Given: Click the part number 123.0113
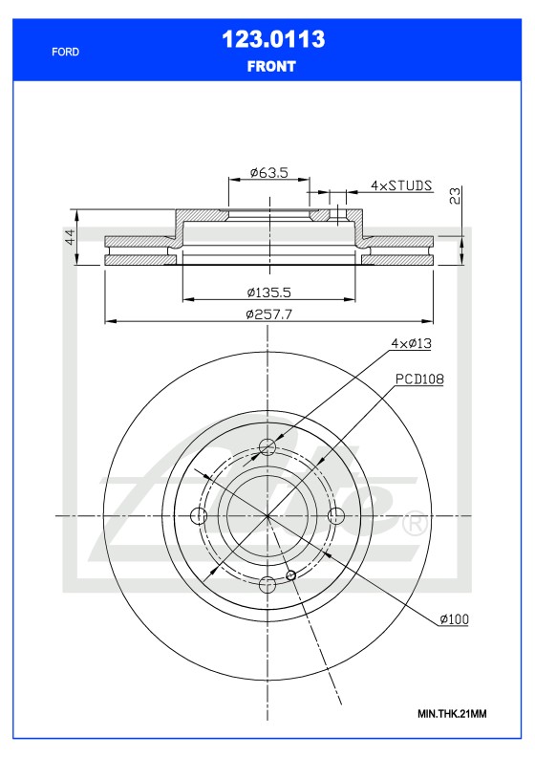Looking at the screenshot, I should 272,39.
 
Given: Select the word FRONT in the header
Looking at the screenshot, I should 271,67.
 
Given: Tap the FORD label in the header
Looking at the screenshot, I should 65,52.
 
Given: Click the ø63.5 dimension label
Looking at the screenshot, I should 268,172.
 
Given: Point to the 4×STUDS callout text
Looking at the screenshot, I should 401,184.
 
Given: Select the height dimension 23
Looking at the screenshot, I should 456,196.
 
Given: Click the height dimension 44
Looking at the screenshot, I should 70,238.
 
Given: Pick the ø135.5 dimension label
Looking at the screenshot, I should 268,292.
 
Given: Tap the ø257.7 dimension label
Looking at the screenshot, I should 268,314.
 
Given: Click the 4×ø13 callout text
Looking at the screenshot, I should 412,342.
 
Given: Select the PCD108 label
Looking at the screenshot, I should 419,379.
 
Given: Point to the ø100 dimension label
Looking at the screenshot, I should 454,619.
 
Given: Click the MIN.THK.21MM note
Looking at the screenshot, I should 452,714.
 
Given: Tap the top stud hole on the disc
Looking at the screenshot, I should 268,447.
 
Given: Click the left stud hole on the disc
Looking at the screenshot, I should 200,516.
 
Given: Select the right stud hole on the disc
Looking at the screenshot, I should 336,516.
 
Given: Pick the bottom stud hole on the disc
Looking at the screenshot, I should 268,584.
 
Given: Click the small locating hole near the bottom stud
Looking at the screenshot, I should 291,575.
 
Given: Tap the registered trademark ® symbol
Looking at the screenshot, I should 414,524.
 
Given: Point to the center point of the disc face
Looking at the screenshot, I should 268,516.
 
